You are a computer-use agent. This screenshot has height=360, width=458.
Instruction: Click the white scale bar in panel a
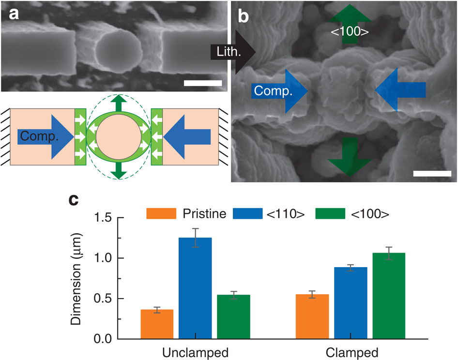click(x=203, y=83)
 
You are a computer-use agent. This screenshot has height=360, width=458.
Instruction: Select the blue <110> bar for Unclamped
click(x=195, y=288)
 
